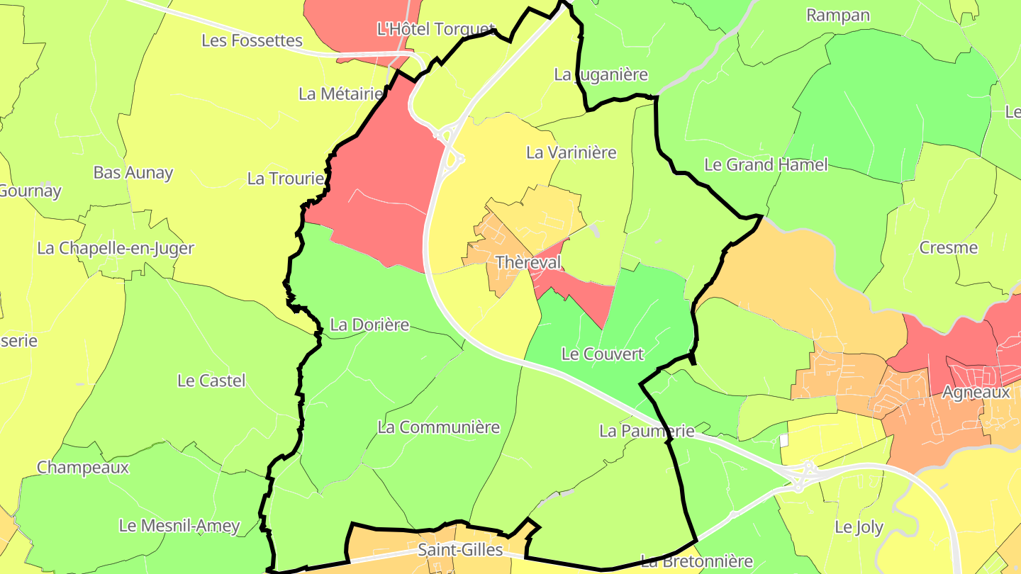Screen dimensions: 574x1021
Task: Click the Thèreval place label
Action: coord(528,262)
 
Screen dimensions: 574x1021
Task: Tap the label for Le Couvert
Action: coord(602,354)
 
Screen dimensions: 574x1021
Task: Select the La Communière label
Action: coord(438,427)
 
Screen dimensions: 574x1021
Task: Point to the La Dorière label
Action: coord(370,325)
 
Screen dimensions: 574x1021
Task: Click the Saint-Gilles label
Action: coord(460,550)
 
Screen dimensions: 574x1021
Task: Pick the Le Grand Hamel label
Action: coord(766,164)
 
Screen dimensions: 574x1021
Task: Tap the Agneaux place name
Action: coord(976,392)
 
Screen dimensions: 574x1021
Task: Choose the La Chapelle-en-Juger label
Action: coord(116,248)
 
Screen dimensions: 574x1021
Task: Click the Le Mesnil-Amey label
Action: coord(179,526)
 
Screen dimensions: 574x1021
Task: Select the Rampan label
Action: coord(838,15)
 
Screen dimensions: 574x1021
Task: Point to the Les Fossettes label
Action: coord(252,40)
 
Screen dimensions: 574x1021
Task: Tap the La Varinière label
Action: coord(571,152)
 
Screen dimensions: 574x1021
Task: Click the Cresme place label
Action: coord(948,247)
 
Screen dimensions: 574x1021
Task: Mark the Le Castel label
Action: coord(211,381)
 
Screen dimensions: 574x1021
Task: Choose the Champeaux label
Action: coord(83,468)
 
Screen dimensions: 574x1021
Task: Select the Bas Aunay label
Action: coord(133,173)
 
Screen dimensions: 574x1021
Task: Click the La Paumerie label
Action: coord(646,430)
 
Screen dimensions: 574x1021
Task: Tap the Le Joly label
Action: coord(859,527)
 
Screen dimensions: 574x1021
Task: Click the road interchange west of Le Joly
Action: coord(801,475)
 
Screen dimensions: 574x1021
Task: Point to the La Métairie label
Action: coord(341,94)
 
